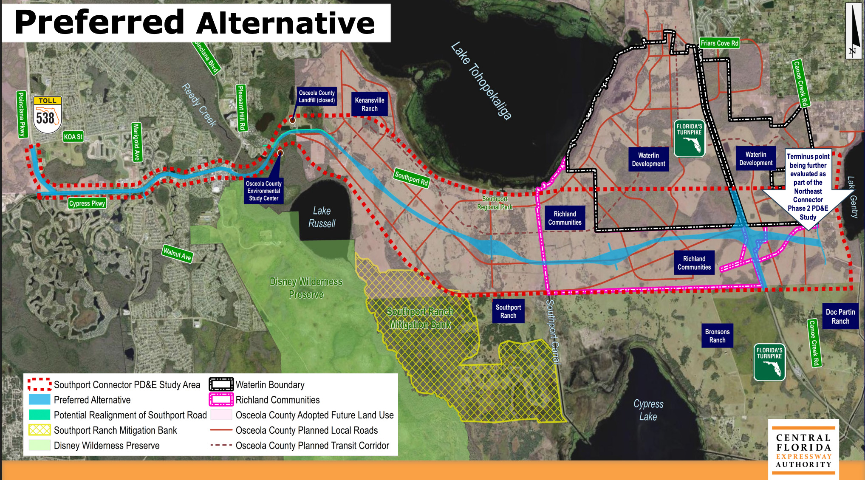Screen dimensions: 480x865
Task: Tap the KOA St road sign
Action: click(x=73, y=137)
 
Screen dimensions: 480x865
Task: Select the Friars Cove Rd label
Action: click(x=719, y=43)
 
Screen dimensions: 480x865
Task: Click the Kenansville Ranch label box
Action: click(x=370, y=104)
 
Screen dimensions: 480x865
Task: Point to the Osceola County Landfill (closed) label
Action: click(x=317, y=96)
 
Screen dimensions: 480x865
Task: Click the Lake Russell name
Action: click(x=322, y=217)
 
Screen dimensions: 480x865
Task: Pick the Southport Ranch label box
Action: click(x=508, y=311)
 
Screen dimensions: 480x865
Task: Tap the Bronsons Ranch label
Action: click(x=717, y=336)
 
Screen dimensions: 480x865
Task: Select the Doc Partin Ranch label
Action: click(x=840, y=316)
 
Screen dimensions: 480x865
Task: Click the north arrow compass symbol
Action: click(x=853, y=31)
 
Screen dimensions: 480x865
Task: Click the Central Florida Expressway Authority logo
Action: click(x=803, y=450)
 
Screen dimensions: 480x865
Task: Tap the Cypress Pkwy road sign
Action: click(x=87, y=203)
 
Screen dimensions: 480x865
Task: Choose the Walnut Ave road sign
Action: click(x=178, y=254)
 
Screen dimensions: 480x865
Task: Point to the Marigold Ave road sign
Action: click(x=136, y=142)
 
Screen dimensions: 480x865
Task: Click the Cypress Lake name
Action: click(x=648, y=410)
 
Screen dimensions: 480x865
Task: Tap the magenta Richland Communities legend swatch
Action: click(x=221, y=400)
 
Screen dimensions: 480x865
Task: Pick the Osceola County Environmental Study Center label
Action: click(x=264, y=191)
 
